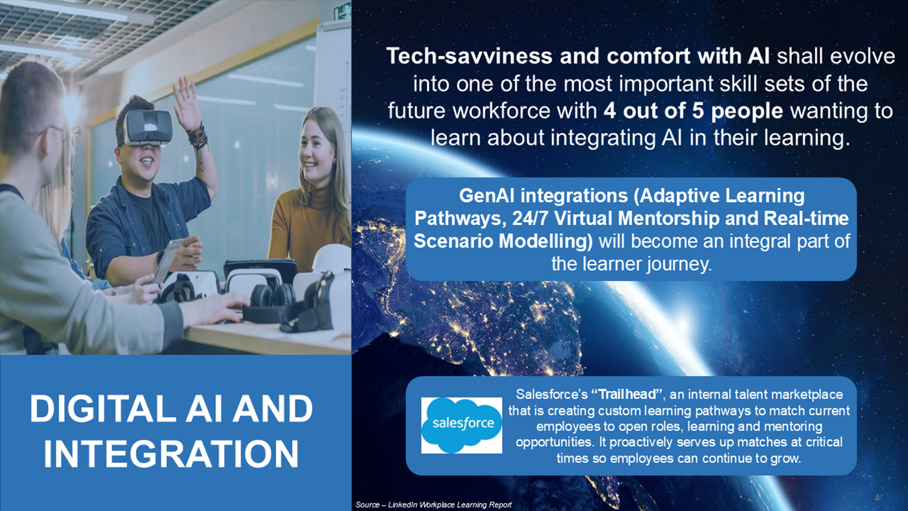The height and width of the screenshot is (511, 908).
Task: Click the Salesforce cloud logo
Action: click(x=462, y=425)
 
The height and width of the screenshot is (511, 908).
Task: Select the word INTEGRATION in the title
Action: click(x=171, y=454)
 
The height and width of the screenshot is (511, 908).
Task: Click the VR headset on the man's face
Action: click(x=147, y=127)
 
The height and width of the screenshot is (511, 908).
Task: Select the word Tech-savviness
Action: click(x=469, y=56)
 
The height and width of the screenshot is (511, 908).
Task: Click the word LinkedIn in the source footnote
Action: click(x=402, y=505)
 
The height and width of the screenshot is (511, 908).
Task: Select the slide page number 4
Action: click(x=877, y=497)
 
